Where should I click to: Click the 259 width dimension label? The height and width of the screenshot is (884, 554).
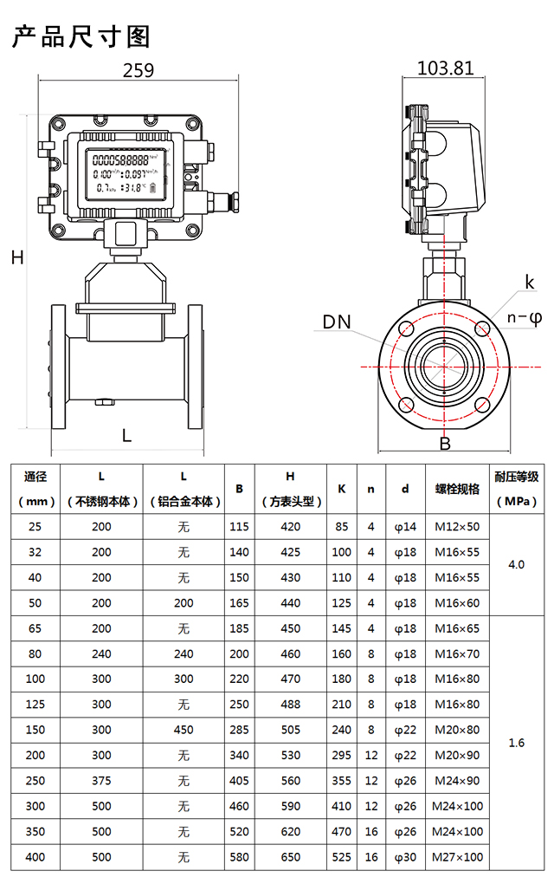(x=138, y=71)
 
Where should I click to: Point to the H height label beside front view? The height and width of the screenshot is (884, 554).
(x=16, y=257)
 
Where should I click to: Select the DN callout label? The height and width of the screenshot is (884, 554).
(x=337, y=322)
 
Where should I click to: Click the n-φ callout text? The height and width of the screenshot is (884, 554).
(x=524, y=317)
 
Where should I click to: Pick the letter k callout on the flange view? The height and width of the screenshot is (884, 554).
(x=530, y=283)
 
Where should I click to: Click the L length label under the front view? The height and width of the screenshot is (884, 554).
(x=126, y=436)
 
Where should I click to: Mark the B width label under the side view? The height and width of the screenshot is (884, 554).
(x=445, y=445)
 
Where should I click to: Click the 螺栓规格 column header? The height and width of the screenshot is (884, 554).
(x=457, y=489)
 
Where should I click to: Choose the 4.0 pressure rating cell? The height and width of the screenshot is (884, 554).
(x=517, y=564)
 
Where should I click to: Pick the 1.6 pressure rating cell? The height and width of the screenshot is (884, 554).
(x=517, y=743)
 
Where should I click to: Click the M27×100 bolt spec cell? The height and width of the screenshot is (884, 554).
(x=457, y=857)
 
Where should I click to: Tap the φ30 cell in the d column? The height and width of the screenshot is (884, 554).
(x=405, y=857)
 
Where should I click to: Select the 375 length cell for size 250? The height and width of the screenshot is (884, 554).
(x=101, y=781)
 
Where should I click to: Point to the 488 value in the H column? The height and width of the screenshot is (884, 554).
(x=291, y=705)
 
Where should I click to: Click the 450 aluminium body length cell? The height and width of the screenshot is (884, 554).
(x=184, y=730)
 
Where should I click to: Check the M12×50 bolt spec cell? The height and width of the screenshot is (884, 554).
(x=457, y=526)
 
